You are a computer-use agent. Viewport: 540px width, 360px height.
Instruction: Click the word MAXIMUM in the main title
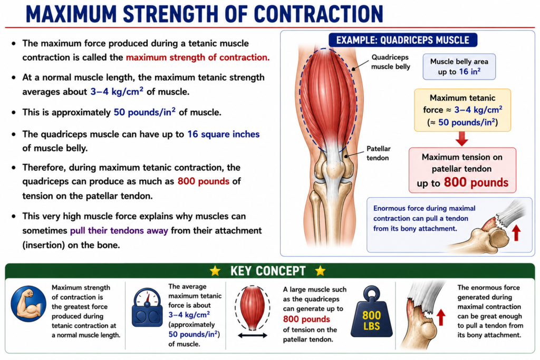(x=72, y=14)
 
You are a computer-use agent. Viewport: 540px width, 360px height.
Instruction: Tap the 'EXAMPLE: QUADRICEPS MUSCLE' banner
(x=402, y=40)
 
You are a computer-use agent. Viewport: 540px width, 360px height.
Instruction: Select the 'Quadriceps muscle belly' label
(x=391, y=62)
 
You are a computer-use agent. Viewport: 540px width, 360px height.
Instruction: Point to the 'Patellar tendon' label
(x=378, y=153)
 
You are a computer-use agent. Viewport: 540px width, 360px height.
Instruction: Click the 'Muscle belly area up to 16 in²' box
(x=459, y=66)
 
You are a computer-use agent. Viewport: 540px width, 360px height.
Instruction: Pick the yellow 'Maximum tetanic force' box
(x=462, y=110)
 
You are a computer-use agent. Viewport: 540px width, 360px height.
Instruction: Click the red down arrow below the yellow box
(x=461, y=139)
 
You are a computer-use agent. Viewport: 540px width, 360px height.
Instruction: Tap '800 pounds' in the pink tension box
(x=476, y=182)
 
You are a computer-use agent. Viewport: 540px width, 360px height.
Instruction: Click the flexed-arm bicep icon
(x=28, y=304)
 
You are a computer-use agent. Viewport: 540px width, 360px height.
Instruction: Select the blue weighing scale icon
(x=147, y=308)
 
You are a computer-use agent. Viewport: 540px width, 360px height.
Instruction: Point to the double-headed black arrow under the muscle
(x=253, y=335)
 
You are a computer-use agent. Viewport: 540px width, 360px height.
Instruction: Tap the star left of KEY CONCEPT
(x=215, y=271)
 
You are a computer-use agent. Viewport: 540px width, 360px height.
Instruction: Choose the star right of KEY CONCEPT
(x=320, y=271)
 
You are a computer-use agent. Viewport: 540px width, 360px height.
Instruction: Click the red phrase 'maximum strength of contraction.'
(x=198, y=57)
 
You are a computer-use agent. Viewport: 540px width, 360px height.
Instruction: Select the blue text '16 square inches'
(x=223, y=134)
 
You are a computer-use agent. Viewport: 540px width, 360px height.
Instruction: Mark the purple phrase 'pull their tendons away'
(x=119, y=230)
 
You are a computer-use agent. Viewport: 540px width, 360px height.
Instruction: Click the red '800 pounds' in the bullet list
(x=203, y=181)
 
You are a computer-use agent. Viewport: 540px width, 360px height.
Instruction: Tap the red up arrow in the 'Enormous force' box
(x=516, y=232)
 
